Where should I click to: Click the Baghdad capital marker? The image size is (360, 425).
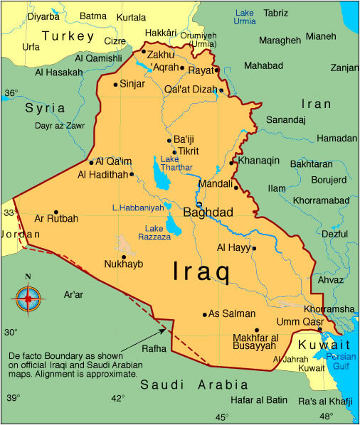click(x=199, y=204)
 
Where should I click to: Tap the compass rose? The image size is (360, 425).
click(x=28, y=298)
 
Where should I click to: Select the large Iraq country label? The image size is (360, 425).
click(x=201, y=271)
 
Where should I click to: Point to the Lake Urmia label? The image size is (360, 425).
click(x=244, y=17)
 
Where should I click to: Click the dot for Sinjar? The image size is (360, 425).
click(x=115, y=85)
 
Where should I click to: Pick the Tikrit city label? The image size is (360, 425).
click(x=189, y=151)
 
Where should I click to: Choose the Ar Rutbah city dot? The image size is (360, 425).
click(x=55, y=212)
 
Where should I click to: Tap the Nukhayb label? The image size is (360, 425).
click(x=124, y=264)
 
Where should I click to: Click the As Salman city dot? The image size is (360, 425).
click(x=205, y=314)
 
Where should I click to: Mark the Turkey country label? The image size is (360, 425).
click(x=68, y=36)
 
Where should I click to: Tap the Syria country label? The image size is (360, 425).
click(x=45, y=108)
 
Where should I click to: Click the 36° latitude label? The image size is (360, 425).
click(x=11, y=92)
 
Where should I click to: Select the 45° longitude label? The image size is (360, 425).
click(x=222, y=416)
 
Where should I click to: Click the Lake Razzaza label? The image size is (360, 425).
click(x=158, y=232)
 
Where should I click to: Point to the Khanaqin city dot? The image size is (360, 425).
click(x=232, y=163)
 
